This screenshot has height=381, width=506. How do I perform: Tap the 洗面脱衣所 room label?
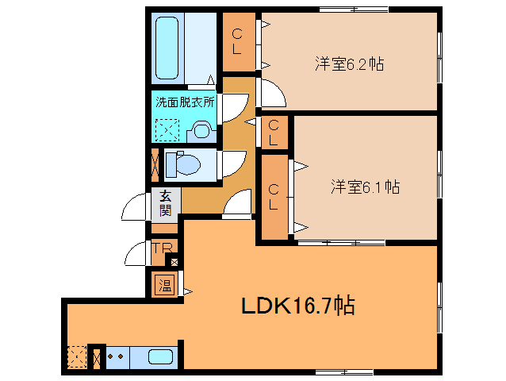[x=184, y=102]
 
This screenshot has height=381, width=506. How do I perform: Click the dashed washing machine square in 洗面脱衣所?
[x=167, y=129]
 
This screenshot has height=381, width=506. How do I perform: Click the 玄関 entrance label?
[x=166, y=203]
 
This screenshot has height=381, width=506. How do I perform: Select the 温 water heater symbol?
[x=165, y=284]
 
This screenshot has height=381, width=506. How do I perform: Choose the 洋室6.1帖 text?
[x=364, y=187]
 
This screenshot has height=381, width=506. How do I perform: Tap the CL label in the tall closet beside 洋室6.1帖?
[x=273, y=197]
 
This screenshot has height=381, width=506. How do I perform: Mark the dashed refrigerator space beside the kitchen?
[x=76, y=358]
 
